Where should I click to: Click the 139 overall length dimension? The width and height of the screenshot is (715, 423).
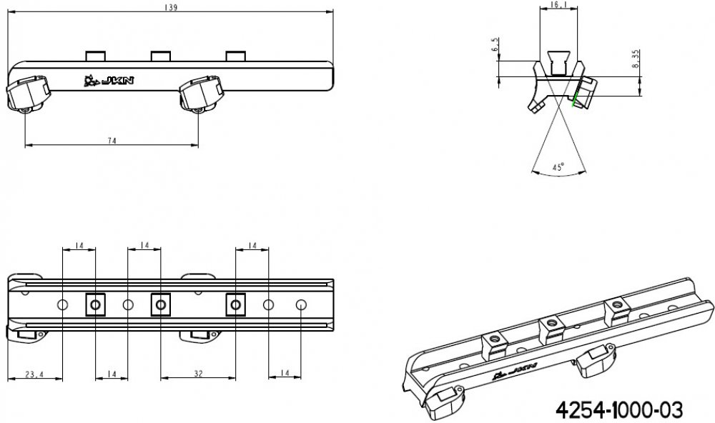pyautogui.click(x=170, y=7)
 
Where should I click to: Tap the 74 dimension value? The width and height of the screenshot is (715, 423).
pyautogui.click(x=112, y=141)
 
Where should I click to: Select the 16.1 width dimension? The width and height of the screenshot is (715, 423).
pyautogui.click(x=559, y=5)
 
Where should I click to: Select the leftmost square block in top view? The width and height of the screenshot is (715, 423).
pyautogui.click(x=95, y=305)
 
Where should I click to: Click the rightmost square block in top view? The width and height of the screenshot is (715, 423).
pyautogui.click(x=235, y=305)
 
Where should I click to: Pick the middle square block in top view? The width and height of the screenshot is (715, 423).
pyautogui.click(x=160, y=305)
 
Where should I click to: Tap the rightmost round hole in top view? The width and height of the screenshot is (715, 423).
pyautogui.click(x=301, y=305)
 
